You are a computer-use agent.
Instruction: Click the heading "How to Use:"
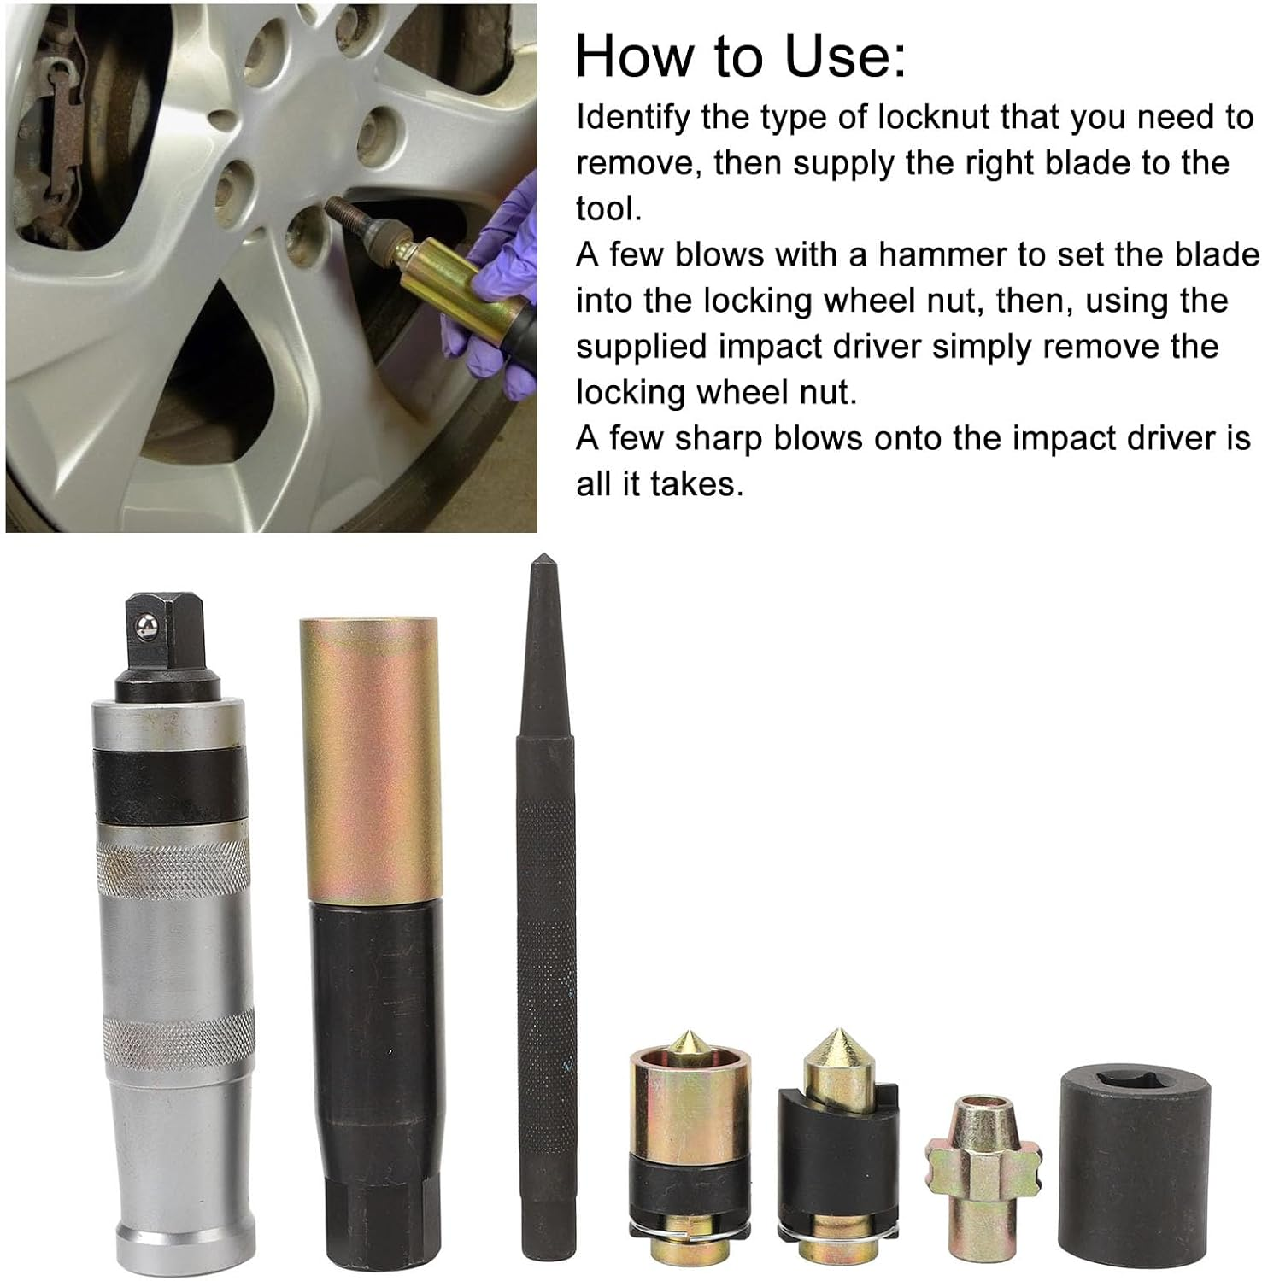(x=740, y=56)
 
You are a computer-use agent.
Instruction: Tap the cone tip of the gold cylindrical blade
(x=690, y=1043)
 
